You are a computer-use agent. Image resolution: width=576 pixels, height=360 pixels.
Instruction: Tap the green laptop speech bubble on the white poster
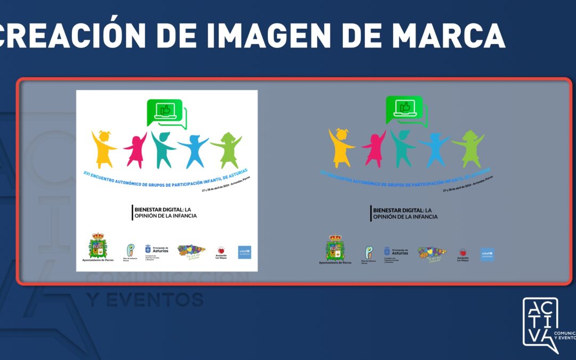coord(166,113)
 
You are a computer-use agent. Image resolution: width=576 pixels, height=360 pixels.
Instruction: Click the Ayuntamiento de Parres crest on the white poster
coord(98,245)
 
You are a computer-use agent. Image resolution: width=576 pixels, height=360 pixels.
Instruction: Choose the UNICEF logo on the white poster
coord(245,252)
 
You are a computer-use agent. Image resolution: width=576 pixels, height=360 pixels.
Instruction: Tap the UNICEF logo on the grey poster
coord(487,254)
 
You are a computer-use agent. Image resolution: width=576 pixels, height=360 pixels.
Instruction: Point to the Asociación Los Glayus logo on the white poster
coord(221,252)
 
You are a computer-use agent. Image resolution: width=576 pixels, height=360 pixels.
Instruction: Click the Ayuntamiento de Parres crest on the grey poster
coord(335,249)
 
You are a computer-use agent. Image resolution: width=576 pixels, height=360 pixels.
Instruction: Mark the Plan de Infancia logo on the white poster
coord(130,251)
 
